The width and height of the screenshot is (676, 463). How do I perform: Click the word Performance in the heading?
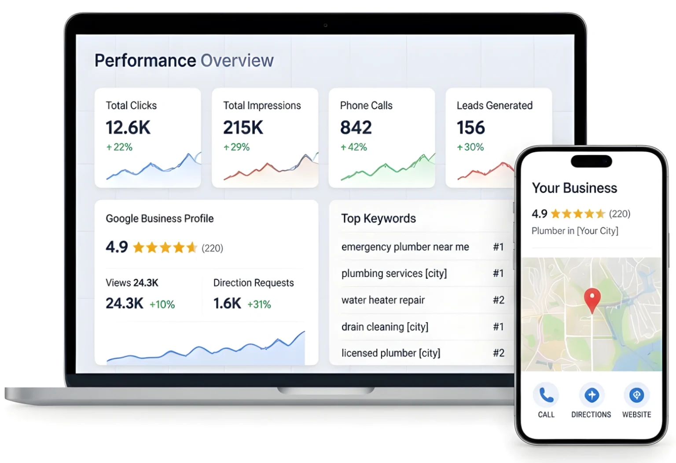pos(145,61)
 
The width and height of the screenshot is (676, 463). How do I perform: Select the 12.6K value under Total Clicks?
pos(128,127)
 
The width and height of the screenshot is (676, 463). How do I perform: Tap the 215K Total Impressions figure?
pos(243,127)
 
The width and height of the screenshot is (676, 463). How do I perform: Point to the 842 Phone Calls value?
pos(356,127)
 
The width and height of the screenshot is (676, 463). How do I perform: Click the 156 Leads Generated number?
pos(471,127)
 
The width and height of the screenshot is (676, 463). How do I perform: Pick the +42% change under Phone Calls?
pos(354,147)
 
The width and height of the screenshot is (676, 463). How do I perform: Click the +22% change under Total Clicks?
pos(119,147)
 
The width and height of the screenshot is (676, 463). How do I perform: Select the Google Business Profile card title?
pos(160,219)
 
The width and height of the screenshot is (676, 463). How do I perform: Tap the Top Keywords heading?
pos(378,218)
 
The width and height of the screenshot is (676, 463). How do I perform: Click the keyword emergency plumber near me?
pos(405,247)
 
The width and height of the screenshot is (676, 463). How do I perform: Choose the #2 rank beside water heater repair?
pos(499,300)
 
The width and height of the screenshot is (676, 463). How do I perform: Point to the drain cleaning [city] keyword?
pos(385,327)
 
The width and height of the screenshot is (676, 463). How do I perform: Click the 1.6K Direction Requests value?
pos(227,303)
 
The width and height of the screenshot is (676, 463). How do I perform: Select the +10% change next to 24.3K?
pos(162,304)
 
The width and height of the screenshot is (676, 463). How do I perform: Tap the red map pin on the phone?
pos(592,300)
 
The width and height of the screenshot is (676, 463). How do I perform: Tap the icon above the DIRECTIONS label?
pos(591,395)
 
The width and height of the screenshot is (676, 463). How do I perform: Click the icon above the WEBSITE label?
pos(636,395)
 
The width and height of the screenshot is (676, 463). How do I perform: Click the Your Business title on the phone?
pos(574,188)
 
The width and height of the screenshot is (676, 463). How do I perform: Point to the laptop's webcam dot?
pos(325,26)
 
